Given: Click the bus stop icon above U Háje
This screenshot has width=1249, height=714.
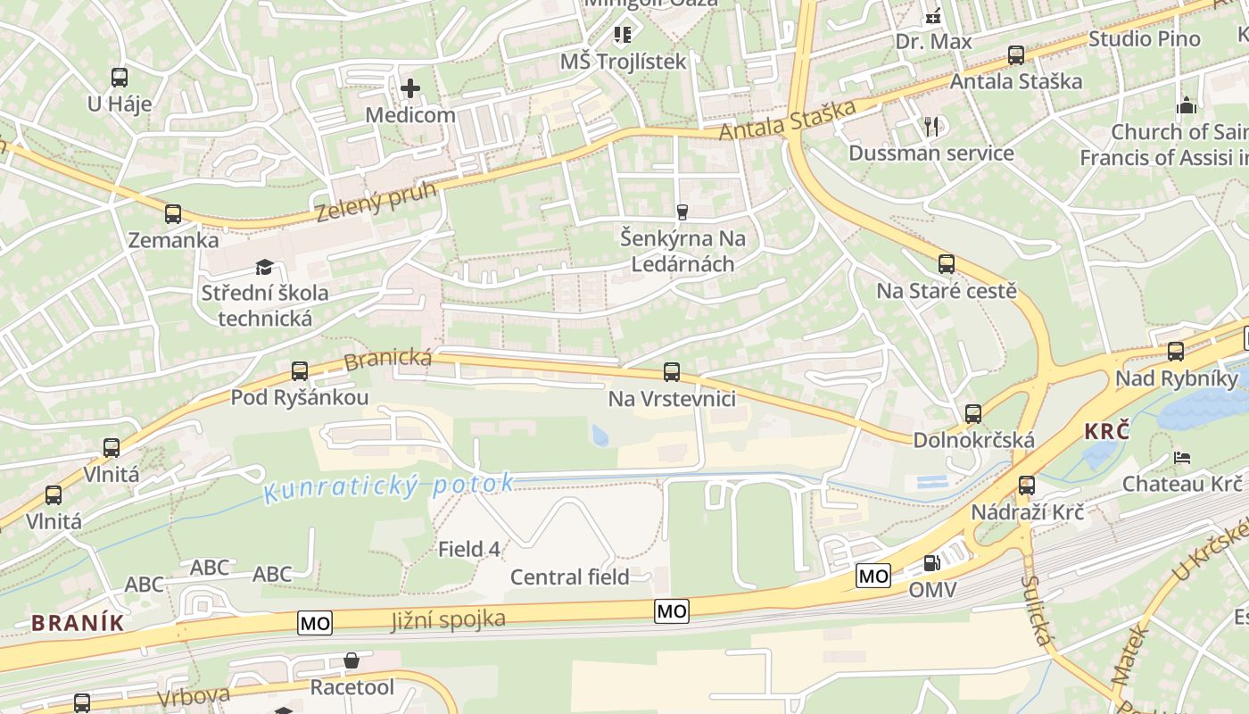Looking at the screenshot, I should click(120, 78).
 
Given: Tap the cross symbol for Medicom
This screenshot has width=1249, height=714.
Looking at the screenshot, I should click(410, 88).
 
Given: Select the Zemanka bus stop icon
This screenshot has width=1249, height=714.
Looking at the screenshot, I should click(173, 214).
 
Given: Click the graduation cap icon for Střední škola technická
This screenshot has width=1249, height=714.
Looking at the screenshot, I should click(264, 267).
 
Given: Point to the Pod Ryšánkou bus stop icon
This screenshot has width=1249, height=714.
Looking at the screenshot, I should click(300, 371).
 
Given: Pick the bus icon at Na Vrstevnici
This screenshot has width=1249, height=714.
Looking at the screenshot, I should click(672, 372).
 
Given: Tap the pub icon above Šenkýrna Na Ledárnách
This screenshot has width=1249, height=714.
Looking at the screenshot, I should click(683, 212).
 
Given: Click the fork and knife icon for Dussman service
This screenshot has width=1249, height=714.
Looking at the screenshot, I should click(932, 127).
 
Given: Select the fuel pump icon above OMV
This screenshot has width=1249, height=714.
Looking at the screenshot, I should click(932, 563).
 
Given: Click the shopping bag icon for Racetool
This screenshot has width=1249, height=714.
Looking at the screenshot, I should click(352, 661).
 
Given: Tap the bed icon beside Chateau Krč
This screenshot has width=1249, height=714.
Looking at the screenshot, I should click(1182, 458).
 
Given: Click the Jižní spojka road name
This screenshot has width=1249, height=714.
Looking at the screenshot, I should click(448, 619).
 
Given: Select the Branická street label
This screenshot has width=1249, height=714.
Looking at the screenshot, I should click(388, 361).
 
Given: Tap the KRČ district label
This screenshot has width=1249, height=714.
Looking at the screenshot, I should click(1107, 432).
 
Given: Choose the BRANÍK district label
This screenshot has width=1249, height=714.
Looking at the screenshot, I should click(77, 623).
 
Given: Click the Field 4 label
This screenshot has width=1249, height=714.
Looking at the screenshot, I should click(469, 550).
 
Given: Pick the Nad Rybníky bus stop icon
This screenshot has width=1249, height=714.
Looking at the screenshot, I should click(1176, 352).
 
